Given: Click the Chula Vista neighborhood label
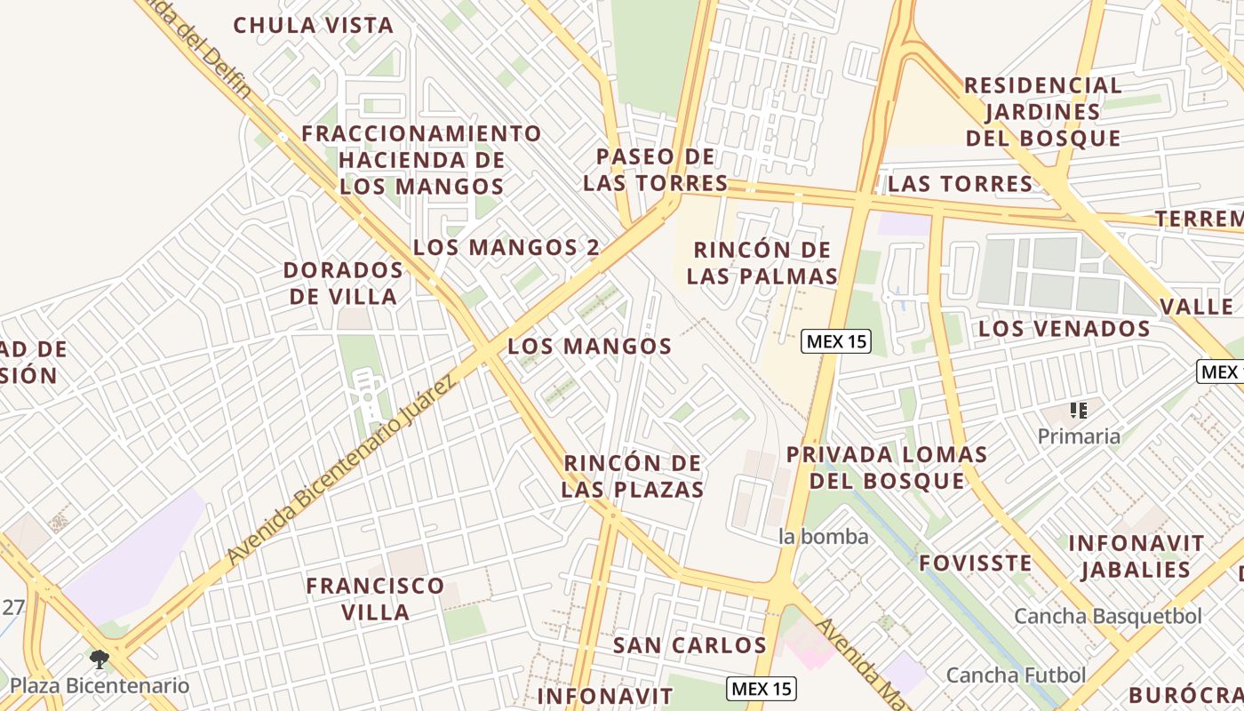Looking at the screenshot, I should point(313,25).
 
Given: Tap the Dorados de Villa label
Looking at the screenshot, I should point(343,283).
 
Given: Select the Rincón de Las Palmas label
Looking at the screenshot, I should point(762,263).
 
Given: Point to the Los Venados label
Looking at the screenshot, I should point(1064,329).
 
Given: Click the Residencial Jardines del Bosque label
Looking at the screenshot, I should point(1043,112).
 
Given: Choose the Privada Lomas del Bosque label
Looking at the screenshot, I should point(887,467).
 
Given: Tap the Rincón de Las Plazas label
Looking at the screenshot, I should point(633,476).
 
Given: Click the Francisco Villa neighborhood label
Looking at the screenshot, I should point(375,598).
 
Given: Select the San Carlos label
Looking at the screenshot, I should point(690,645).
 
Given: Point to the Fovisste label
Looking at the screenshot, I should point(975,563).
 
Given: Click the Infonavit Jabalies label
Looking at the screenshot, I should point(1136,556).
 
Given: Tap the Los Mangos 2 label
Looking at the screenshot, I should point(506,247).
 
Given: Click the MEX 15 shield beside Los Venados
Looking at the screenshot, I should point(835,340).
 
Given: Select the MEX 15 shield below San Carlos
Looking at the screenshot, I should point(761,688).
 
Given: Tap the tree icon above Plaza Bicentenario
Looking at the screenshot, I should point(100,659).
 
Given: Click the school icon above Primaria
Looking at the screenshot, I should point(1079,411).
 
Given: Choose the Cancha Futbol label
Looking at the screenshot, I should point(1016,675).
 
